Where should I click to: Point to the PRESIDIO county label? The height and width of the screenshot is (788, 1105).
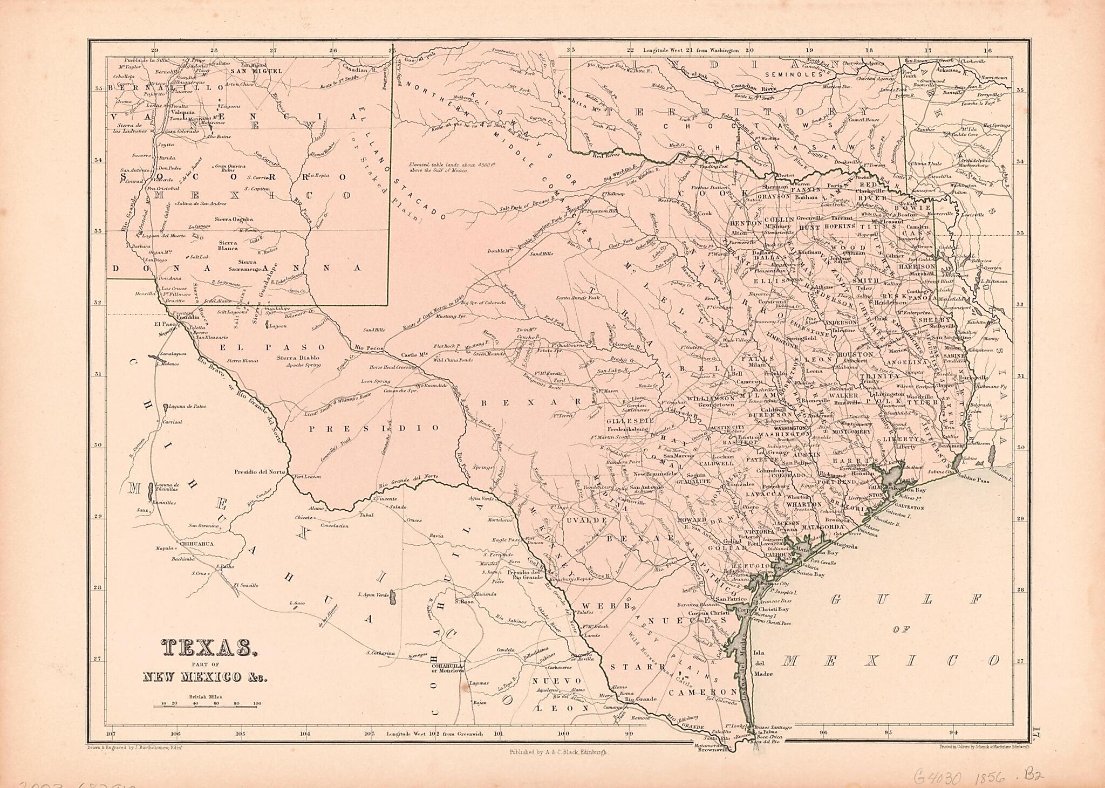pos(374,428)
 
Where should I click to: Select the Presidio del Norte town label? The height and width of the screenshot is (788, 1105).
pos(259,472)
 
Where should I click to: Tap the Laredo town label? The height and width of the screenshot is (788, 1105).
pos(592,635)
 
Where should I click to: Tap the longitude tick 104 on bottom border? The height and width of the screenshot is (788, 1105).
pos(305,734)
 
